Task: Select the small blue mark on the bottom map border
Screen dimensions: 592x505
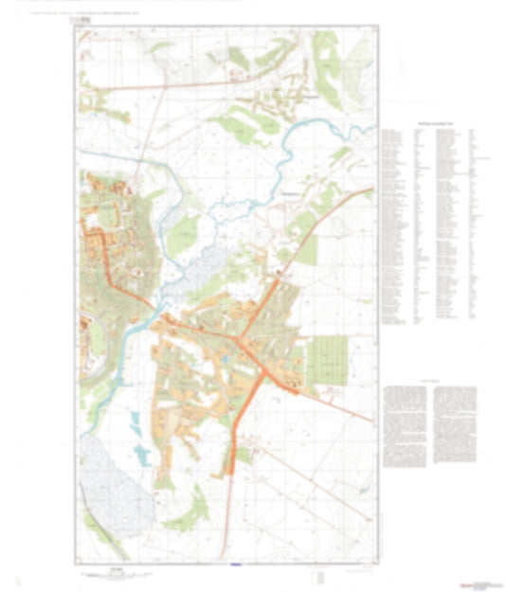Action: click(236, 565)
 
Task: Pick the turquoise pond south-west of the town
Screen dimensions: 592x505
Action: click(142, 453)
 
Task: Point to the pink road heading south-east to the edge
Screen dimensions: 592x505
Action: click(332, 399)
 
